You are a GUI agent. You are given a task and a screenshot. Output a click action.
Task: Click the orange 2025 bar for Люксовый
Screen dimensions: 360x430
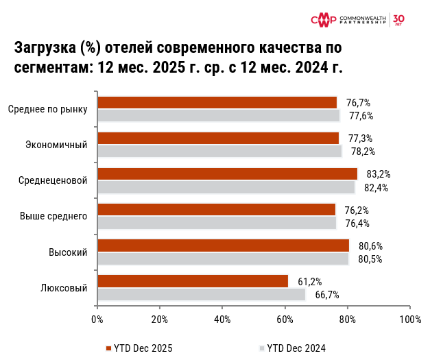click(x=193, y=281)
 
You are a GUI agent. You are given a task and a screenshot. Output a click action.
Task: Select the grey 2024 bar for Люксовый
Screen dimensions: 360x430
click(x=202, y=295)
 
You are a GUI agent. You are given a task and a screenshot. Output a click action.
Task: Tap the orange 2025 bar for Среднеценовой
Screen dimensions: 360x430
click(x=228, y=174)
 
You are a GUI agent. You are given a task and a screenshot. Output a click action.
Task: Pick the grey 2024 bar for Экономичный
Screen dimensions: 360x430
click(x=219, y=152)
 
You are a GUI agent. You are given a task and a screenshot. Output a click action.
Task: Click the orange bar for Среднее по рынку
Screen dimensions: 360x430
click(x=217, y=103)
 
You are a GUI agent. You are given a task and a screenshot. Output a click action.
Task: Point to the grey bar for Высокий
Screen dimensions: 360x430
click(x=224, y=259)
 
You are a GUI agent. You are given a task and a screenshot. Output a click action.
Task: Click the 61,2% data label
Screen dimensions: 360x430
click(x=310, y=281)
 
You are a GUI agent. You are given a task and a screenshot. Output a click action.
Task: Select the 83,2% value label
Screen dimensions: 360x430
click(x=378, y=174)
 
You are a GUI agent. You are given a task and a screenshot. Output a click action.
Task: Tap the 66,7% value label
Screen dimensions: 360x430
click(x=327, y=295)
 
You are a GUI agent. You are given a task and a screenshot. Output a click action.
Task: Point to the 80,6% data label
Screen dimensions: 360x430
click(x=370, y=245)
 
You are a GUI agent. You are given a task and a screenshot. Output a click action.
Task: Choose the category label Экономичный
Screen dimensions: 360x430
click(x=56, y=145)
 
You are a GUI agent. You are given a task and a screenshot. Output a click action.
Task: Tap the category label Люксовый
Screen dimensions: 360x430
click(x=64, y=288)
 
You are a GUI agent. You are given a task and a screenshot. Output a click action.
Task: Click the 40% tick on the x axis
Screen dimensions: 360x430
click(x=222, y=320)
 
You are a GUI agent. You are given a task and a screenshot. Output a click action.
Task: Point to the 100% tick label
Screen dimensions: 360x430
click(x=410, y=320)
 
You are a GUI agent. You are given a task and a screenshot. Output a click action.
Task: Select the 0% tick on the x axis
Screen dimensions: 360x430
click(x=97, y=320)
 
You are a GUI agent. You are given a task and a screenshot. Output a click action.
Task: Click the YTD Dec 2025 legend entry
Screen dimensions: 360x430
click(x=139, y=348)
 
